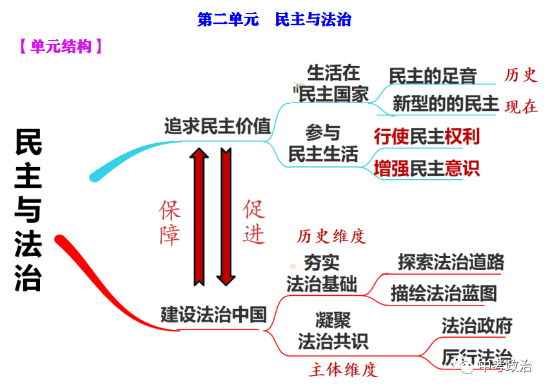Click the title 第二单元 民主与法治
click(274, 19)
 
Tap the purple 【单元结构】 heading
click(61, 46)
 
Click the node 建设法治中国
click(213, 315)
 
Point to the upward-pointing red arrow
click(199, 217)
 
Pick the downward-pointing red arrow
click(225, 217)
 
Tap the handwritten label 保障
click(170, 222)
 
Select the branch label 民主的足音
click(433, 76)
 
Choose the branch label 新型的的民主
click(446, 103)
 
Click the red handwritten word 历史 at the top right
click(520, 75)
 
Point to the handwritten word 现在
click(521, 107)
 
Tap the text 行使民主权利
click(427, 137)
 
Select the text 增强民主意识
click(427, 168)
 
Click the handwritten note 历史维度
click(331, 237)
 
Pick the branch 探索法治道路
click(451, 262)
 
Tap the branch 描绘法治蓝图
click(444, 293)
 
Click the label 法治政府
click(476, 326)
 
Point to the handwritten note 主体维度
click(343, 370)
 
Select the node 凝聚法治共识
click(333, 330)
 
